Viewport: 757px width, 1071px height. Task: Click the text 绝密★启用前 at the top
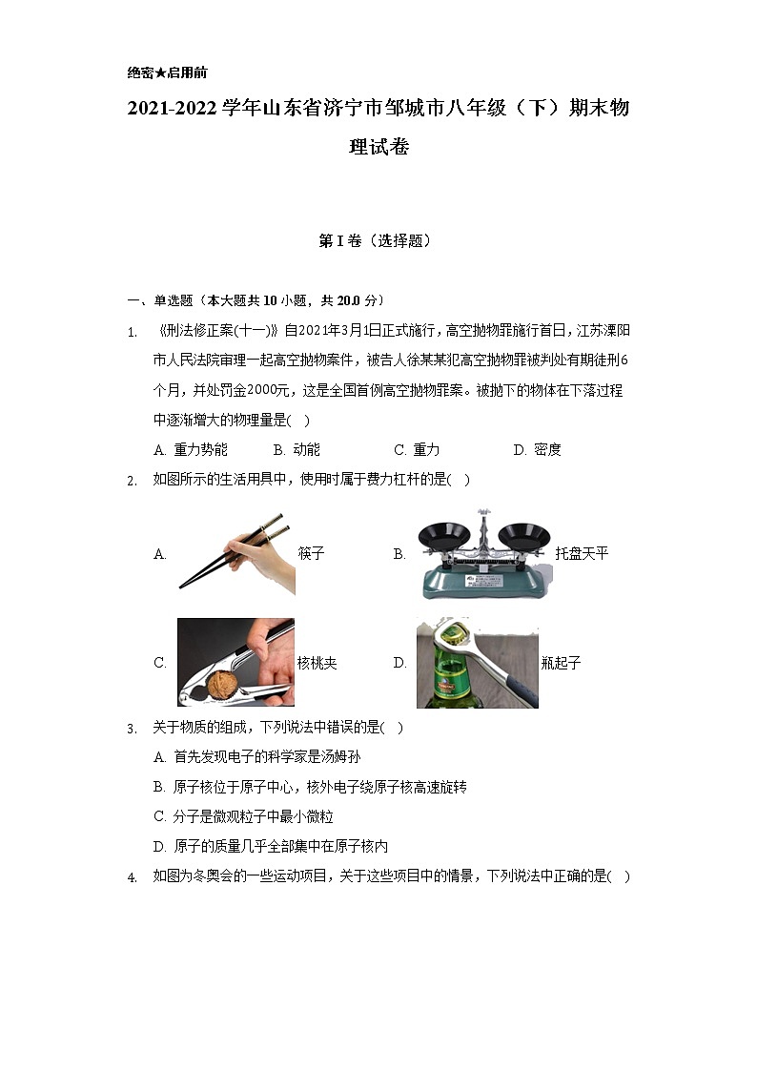167,72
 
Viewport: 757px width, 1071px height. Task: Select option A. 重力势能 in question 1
191,450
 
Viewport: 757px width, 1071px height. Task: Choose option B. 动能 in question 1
297,450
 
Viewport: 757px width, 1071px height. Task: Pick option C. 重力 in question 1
417,450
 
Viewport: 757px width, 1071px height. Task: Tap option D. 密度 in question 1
538,450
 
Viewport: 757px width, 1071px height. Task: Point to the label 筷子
311,554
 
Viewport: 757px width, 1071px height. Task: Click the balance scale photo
483,554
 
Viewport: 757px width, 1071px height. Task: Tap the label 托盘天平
582,553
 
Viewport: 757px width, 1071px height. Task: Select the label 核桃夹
317,663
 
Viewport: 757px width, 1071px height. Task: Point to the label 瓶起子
561,663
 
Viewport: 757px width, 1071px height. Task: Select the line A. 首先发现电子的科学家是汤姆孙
257,757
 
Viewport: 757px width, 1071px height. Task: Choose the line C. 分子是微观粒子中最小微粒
244,816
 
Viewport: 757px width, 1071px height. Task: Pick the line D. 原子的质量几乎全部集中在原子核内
271,846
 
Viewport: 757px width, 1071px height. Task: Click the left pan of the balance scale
444,534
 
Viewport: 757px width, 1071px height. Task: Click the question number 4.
133,878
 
